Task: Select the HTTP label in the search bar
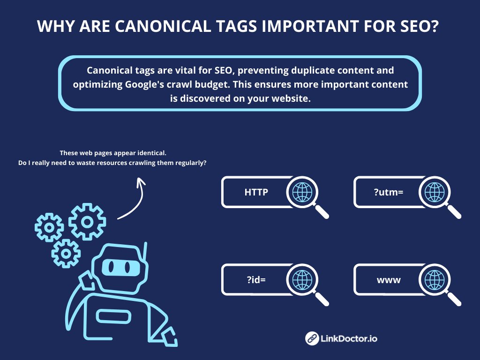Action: point(256,192)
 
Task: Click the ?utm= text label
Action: point(389,192)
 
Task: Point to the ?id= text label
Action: point(256,280)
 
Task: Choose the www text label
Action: point(389,280)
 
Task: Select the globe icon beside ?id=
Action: point(302,280)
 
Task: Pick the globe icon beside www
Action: point(434,280)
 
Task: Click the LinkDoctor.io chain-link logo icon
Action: point(312,338)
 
